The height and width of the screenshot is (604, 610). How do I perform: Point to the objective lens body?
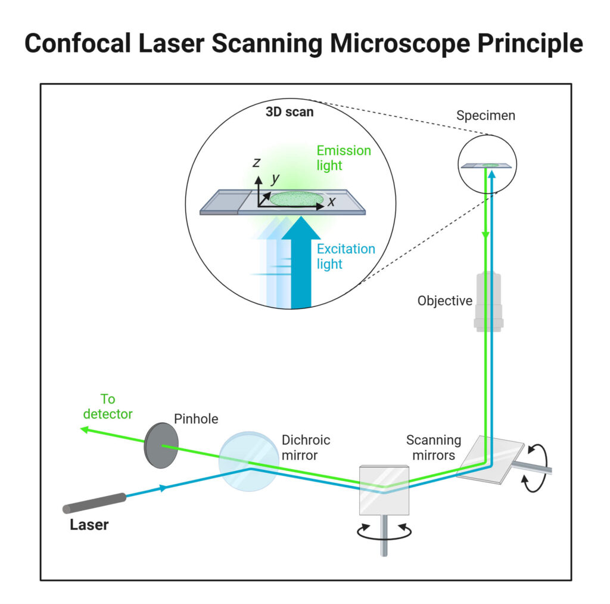click(488, 301)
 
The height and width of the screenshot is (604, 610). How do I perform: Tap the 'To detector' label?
click(107, 406)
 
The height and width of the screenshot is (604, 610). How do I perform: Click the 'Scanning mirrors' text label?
click(434, 448)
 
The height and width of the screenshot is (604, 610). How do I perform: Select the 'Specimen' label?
click(485, 116)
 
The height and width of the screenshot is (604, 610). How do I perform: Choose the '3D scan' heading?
click(290, 111)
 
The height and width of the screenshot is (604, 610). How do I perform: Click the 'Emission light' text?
click(344, 158)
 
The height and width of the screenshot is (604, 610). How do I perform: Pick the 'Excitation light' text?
click(346, 256)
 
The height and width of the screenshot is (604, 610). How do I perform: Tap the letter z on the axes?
click(256, 162)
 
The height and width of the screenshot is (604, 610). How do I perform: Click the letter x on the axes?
click(331, 202)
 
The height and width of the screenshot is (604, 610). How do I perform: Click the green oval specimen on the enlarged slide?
click(297, 199)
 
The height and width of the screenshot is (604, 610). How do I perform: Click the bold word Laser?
click(89, 525)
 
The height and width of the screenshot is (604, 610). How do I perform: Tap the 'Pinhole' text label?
click(196, 419)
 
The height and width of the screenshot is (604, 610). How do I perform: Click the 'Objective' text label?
click(445, 301)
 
